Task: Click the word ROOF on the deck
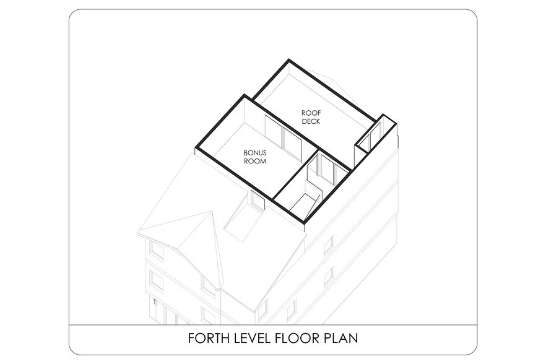coord(311,113)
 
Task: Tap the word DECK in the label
coord(311,121)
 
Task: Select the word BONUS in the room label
coord(255,152)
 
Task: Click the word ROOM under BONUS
coord(255,161)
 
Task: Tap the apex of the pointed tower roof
coord(212,210)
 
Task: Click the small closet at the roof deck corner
coord(375,135)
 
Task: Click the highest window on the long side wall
coord(329,245)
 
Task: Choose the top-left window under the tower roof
coord(157,249)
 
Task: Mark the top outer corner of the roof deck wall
coord(288,60)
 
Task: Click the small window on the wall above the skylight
coord(258,202)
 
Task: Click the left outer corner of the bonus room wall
coord(196,149)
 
